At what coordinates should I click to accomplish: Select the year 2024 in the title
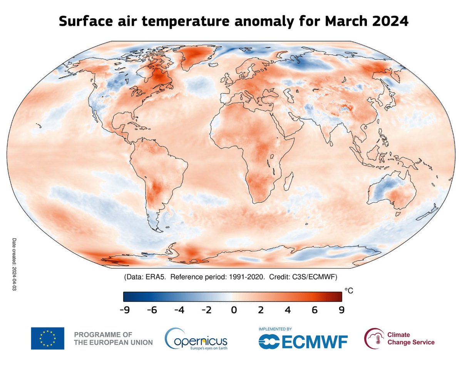coord(390,22)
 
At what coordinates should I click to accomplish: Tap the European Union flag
coord(48,338)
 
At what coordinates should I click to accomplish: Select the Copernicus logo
coord(196,339)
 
